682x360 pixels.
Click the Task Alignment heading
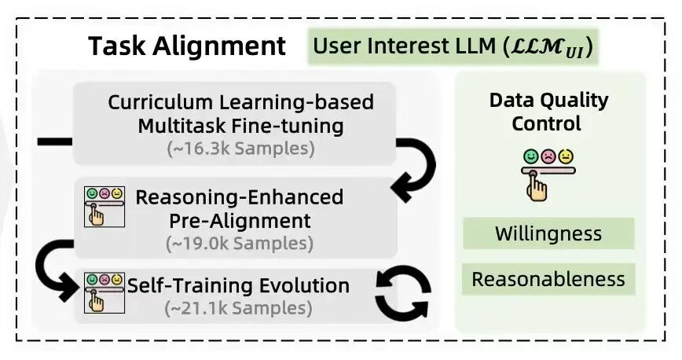187,46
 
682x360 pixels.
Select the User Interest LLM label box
452,46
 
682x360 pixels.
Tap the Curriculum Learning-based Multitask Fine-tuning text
240,114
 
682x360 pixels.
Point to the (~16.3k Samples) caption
240,148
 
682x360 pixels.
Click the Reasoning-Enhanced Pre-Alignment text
240,208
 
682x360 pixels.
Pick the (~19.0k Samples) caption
240,243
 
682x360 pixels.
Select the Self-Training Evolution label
238,285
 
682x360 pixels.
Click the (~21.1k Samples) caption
238,308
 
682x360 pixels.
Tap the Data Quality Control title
548,112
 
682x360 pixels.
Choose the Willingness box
548,233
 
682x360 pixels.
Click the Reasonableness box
548,279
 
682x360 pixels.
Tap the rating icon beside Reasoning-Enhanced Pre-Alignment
104,205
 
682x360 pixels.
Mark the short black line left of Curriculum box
54,141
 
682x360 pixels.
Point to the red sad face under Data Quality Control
548,156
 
